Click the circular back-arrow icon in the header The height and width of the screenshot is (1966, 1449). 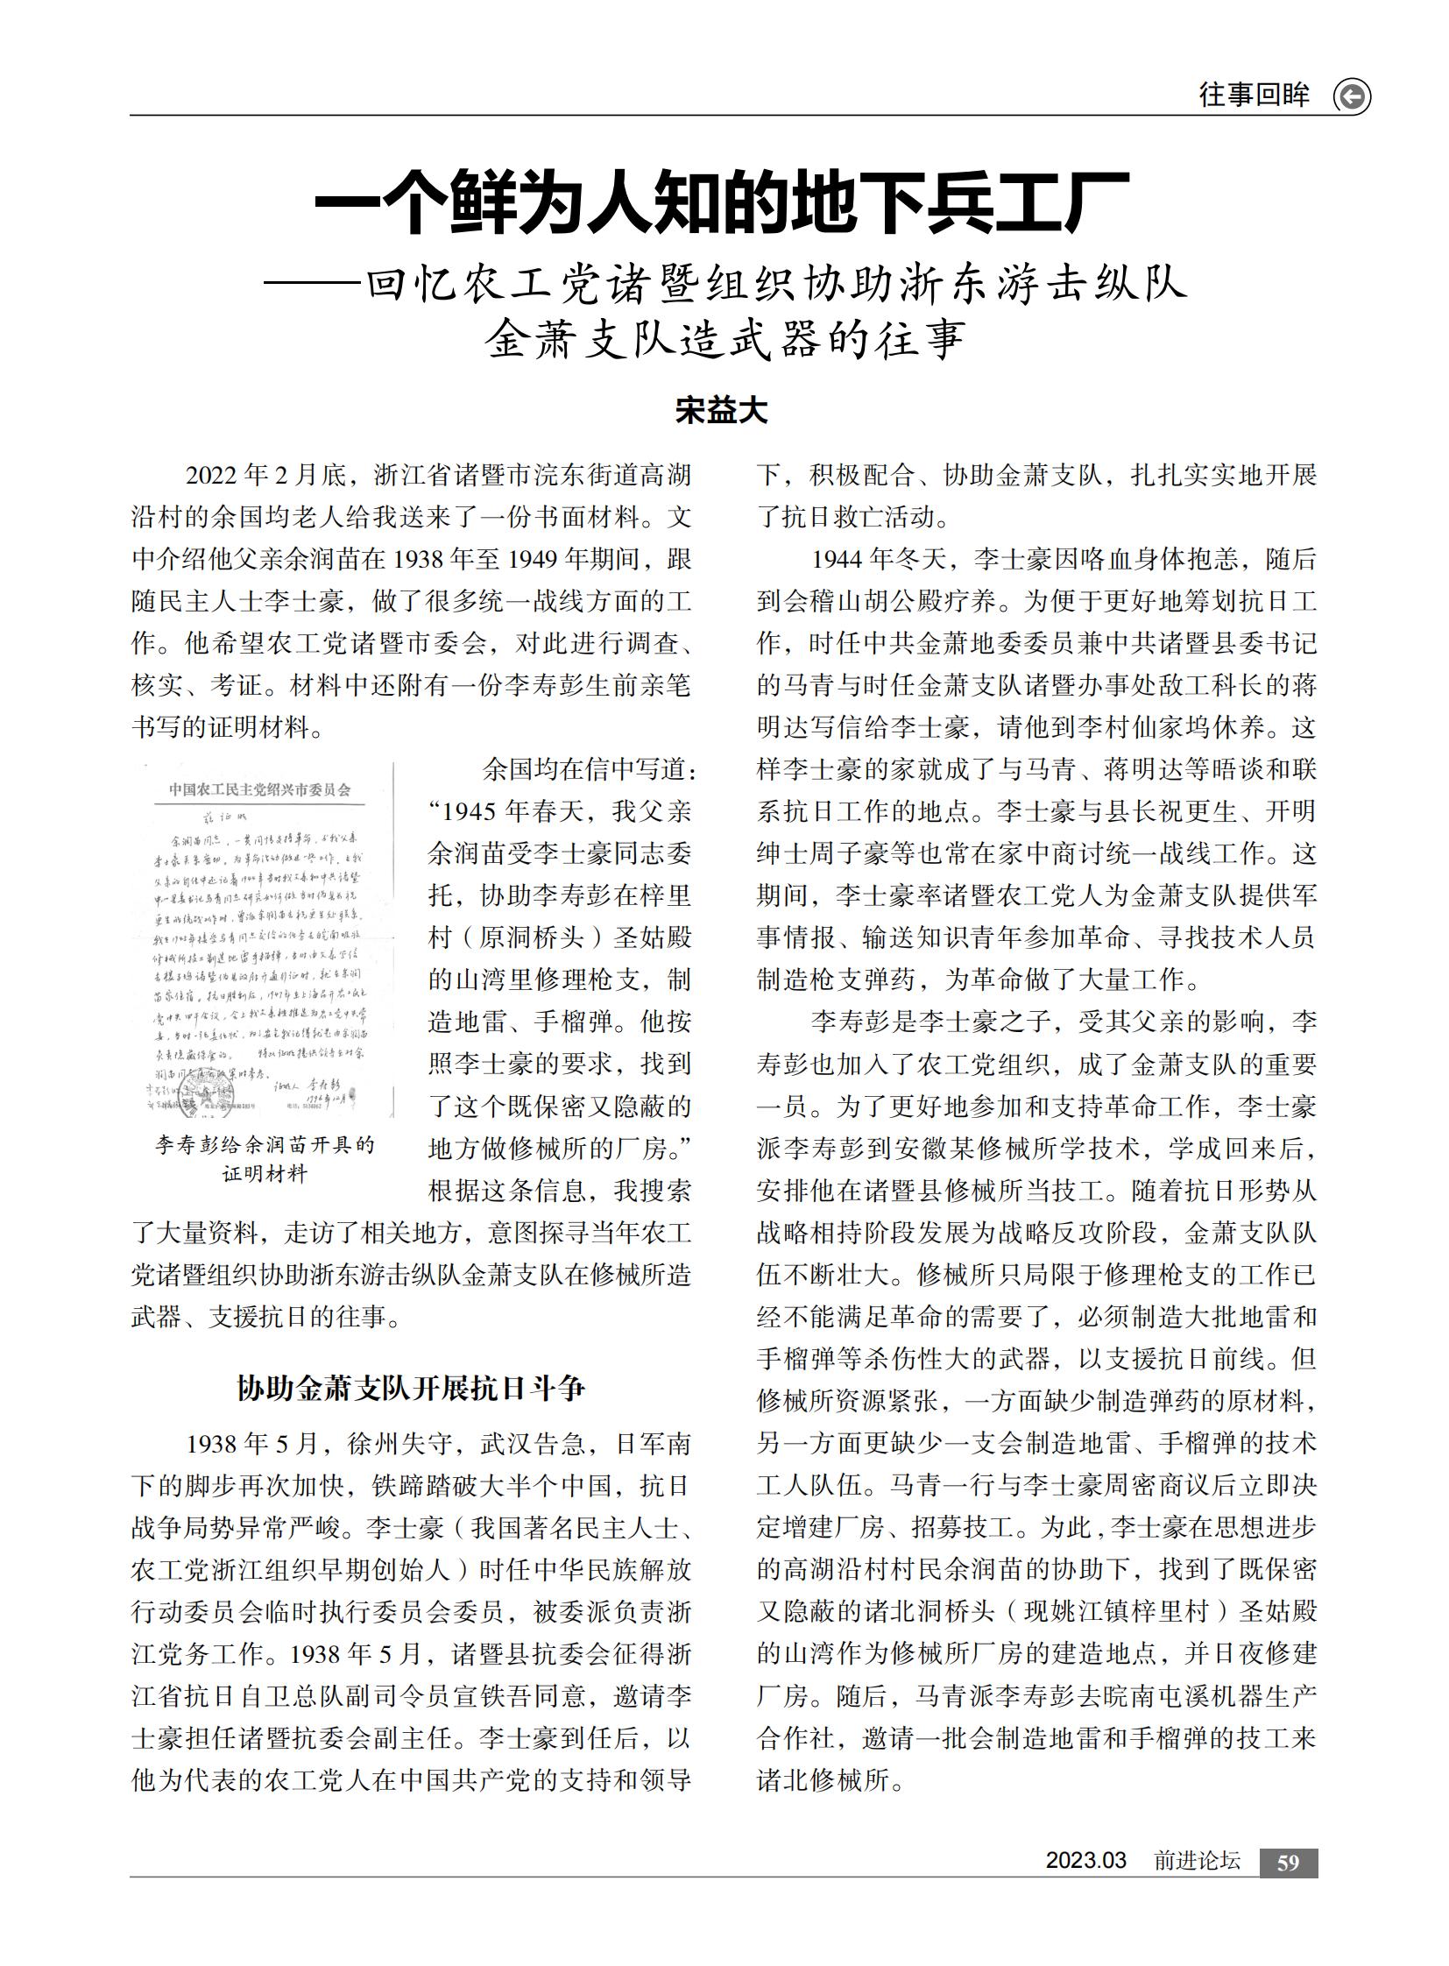pyautogui.click(x=1352, y=95)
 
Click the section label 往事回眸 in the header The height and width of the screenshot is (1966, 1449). pyautogui.click(x=1254, y=95)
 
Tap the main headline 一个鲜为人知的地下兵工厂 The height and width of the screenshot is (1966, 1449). pyautogui.click(x=722, y=202)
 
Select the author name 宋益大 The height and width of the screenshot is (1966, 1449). pyautogui.click(x=721, y=411)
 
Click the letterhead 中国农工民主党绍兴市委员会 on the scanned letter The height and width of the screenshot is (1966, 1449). pyautogui.click(x=259, y=789)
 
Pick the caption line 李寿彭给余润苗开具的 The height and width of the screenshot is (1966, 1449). pyautogui.click(x=265, y=1145)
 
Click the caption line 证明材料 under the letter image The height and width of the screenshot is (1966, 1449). pyautogui.click(x=265, y=1174)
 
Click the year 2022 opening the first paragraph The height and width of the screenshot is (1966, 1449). pyautogui.click(x=211, y=476)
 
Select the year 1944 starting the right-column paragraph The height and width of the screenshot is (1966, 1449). pyautogui.click(x=837, y=560)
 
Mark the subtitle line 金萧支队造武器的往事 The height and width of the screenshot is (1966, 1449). pyautogui.click(x=724, y=340)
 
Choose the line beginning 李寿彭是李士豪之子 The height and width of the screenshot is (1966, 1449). pyautogui.click(x=1035, y=1022)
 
